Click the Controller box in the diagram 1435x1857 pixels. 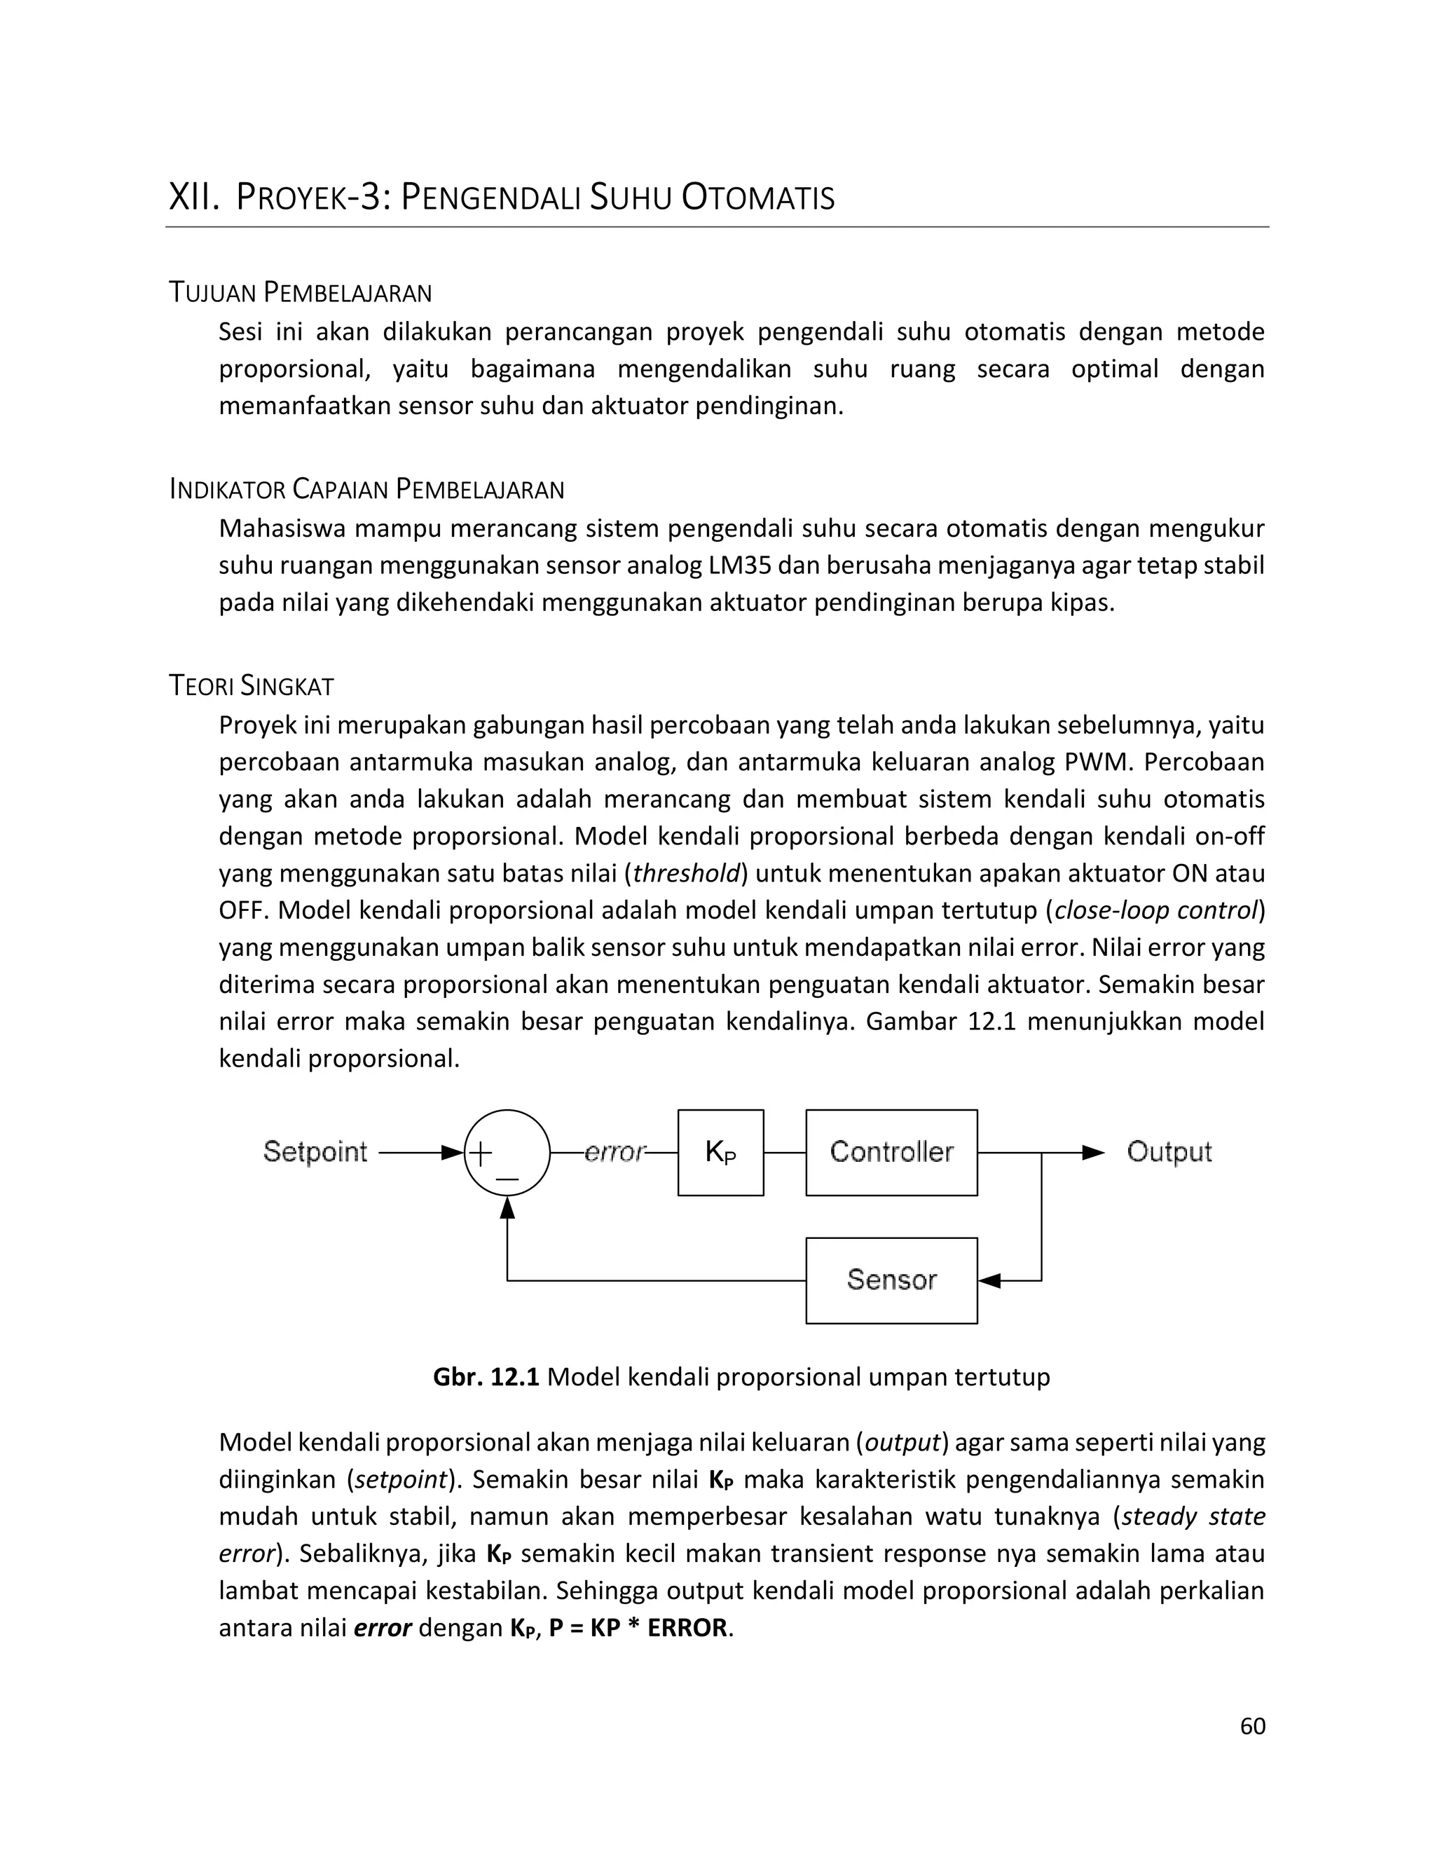click(x=891, y=1152)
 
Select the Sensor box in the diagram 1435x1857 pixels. click(x=891, y=1280)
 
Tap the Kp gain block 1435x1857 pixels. click(x=720, y=1152)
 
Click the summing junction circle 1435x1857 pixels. click(x=507, y=1153)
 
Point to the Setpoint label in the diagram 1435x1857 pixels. click(x=315, y=1151)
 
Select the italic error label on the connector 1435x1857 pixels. click(x=614, y=1152)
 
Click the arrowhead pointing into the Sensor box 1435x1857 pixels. click(x=989, y=1280)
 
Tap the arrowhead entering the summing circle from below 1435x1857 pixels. click(x=507, y=1207)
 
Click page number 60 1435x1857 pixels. click(x=1252, y=1725)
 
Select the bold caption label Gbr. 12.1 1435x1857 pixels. click(x=486, y=1376)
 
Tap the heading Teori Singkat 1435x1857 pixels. click(x=252, y=685)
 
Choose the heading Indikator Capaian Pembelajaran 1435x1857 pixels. click(x=366, y=489)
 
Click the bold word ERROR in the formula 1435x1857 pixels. click(x=687, y=1627)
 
